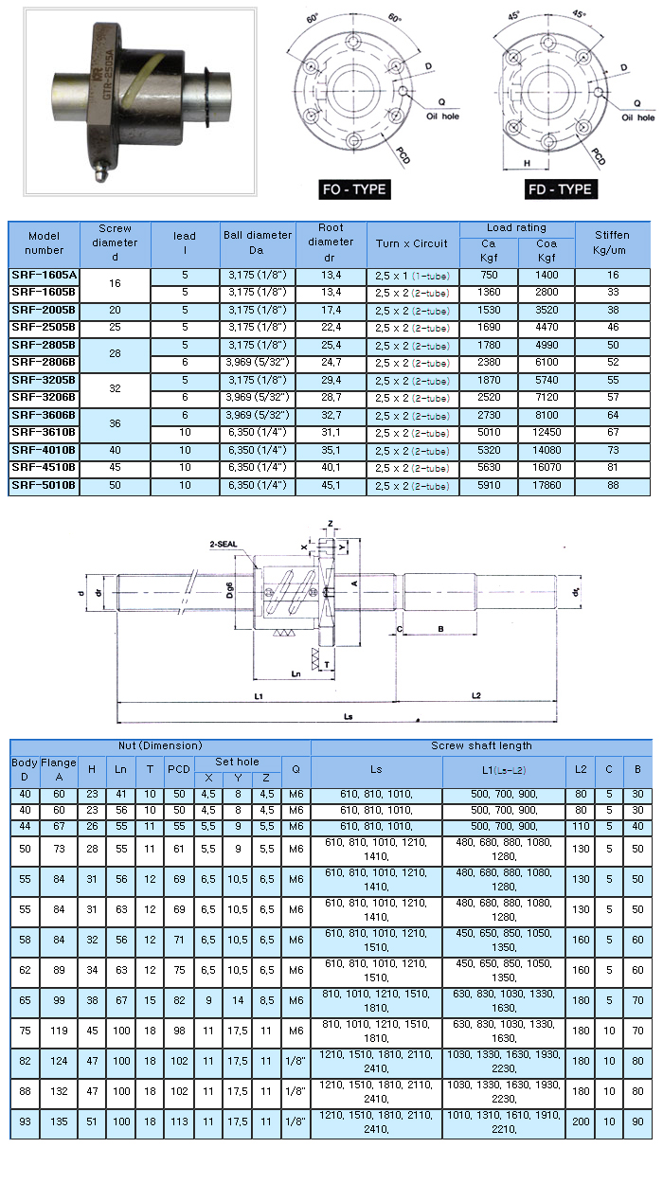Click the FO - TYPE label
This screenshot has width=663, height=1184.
(x=354, y=189)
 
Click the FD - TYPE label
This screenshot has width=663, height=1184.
(x=561, y=189)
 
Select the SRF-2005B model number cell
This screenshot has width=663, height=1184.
(x=44, y=310)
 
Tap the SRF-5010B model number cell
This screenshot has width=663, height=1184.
(x=44, y=485)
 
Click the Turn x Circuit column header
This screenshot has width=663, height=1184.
(x=412, y=243)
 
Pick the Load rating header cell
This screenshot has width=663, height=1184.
(x=517, y=228)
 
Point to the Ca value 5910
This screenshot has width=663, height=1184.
(x=489, y=485)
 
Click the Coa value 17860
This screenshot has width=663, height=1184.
(x=547, y=485)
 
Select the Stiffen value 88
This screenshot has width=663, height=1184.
(x=613, y=485)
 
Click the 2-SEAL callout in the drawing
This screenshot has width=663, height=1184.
(x=225, y=545)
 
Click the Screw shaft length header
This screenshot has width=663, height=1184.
(x=481, y=745)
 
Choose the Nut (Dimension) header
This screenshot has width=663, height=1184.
(x=160, y=745)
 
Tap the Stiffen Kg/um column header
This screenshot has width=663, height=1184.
(x=613, y=243)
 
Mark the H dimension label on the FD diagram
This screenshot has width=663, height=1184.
(x=527, y=162)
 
